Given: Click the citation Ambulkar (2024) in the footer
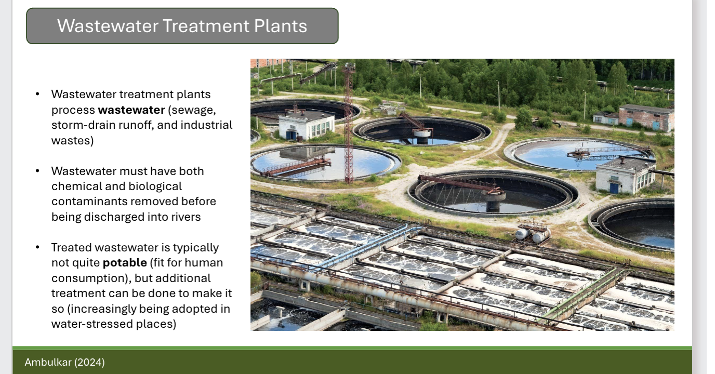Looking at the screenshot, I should [x=64, y=362].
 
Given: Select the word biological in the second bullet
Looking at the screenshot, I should [x=155, y=186].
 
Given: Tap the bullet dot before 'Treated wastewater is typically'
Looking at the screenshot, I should [x=37, y=248].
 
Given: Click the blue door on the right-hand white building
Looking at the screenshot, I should [x=614, y=187].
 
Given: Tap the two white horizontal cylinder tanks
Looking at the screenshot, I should [x=532, y=234].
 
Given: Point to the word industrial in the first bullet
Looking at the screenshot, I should [x=206, y=125].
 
